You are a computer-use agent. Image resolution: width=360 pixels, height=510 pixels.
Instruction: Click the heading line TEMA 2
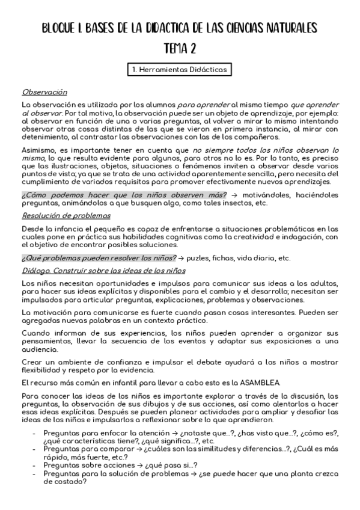[x=180, y=49]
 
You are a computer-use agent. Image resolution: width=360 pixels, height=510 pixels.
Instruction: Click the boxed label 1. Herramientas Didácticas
[x=180, y=70]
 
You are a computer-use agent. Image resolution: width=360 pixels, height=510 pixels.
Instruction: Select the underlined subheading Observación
[x=44, y=92]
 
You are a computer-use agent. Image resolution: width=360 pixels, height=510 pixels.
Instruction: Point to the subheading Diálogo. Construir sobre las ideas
[x=103, y=271]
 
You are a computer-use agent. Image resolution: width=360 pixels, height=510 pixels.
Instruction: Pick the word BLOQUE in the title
[x=62, y=28]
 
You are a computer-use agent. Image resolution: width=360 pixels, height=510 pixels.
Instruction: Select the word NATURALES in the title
[x=288, y=28]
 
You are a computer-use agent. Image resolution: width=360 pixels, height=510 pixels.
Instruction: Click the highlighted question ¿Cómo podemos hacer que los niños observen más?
[x=124, y=195]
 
